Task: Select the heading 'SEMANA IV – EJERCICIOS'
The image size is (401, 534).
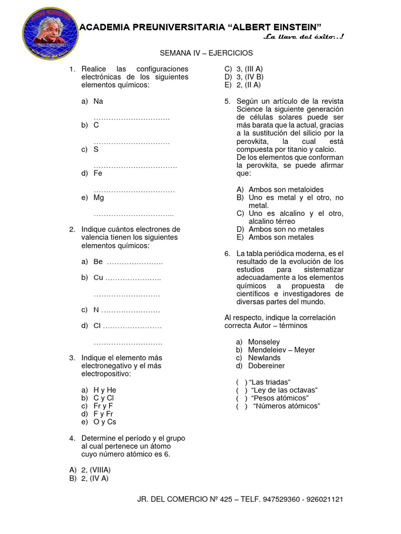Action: (x=206, y=53)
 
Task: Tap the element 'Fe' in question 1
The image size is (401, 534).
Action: (x=98, y=174)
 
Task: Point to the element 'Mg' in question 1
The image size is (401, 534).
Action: (x=99, y=198)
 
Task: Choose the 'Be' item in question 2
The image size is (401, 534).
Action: (x=98, y=262)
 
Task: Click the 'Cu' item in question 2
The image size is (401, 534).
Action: (x=98, y=278)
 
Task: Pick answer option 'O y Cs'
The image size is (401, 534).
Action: (x=105, y=422)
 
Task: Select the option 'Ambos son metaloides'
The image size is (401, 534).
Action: (x=286, y=189)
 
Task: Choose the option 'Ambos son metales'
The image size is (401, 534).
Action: (x=281, y=237)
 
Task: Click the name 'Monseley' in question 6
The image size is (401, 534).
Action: (x=264, y=342)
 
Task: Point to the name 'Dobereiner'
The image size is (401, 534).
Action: (x=266, y=366)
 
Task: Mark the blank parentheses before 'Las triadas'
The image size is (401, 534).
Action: (x=241, y=382)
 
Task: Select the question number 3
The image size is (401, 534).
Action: (x=72, y=358)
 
